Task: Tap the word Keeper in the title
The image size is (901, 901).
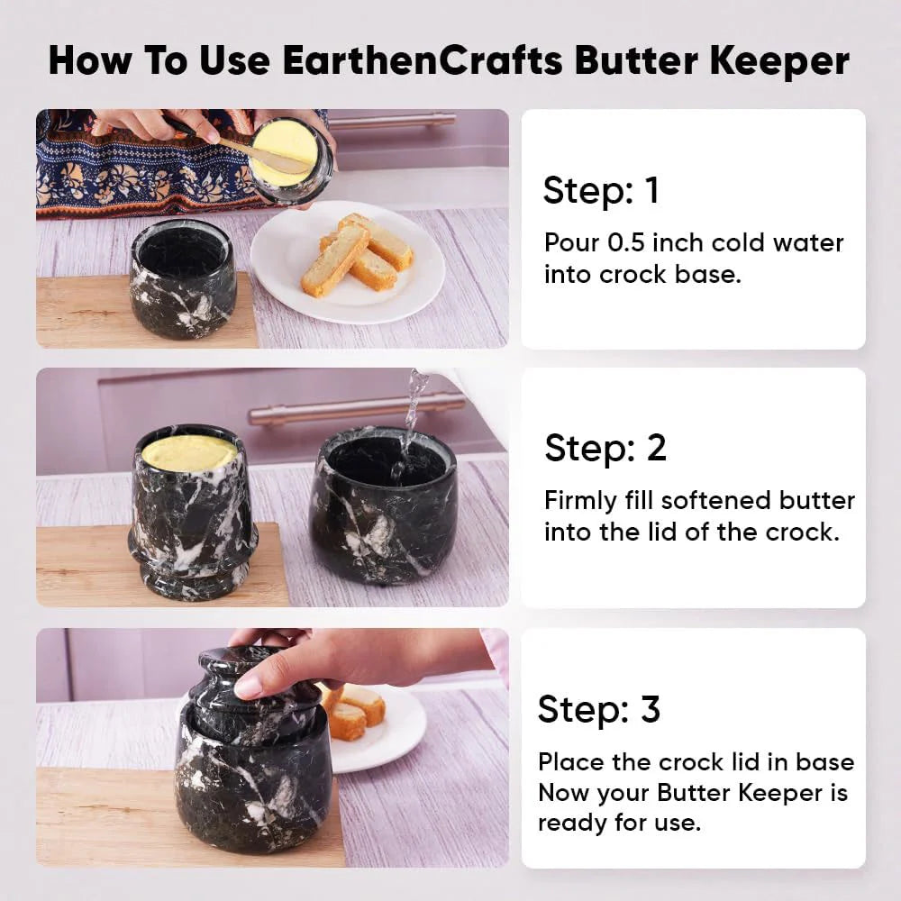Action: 779,62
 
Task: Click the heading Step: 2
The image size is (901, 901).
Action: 605,447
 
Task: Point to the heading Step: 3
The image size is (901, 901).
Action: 599,708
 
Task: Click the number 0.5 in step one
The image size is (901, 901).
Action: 626,242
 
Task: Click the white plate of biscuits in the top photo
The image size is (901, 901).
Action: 348,261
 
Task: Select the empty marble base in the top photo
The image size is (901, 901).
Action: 183,278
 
